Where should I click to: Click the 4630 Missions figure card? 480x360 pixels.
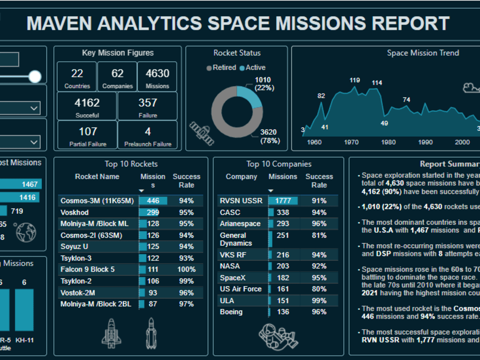pos(157,77)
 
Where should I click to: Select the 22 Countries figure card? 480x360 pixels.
pos(77,77)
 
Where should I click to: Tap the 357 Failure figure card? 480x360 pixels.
pos(147,106)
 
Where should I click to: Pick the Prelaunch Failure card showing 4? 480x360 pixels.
pos(147,135)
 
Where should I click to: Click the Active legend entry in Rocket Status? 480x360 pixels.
pos(252,68)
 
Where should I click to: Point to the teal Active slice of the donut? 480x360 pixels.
pos(250,96)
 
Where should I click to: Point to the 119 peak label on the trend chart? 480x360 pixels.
pos(355,80)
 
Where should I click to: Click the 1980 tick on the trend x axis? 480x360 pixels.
pos(388,142)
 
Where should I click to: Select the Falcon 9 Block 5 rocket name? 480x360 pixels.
pos(87,269)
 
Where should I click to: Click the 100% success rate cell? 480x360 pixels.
pos(186,269)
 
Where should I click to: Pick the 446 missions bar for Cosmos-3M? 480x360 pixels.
pos(153,201)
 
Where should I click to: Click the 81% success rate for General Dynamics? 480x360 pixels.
pos(319,235)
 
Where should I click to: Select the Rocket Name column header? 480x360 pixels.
pos(97,177)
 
